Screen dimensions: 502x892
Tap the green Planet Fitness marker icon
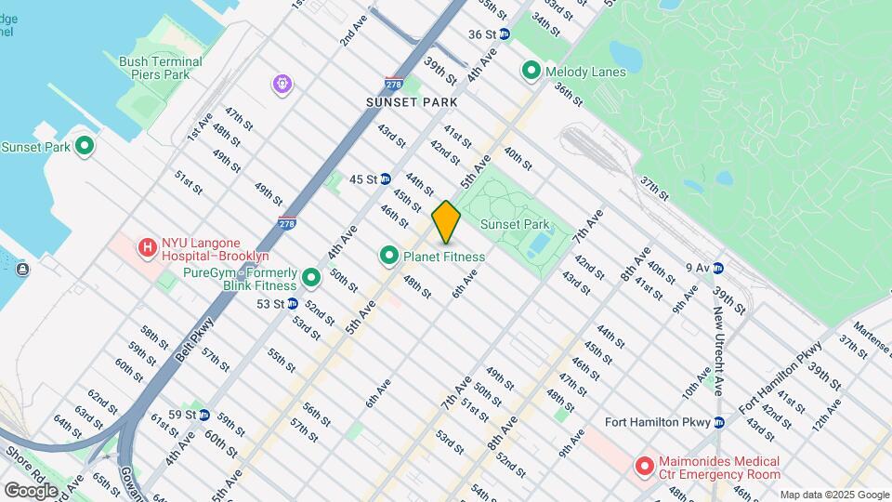click(x=389, y=255)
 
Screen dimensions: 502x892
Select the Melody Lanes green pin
click(x=531, y=71)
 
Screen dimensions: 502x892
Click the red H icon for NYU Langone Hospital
click(x=147, y=247)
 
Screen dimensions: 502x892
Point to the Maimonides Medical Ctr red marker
click(x=644, y=466)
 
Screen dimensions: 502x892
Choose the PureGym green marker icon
click(x=311, y=277)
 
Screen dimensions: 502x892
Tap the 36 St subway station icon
click(x=505, y=34)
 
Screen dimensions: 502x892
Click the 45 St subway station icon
click(x=385, y=178)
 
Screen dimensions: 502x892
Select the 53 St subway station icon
click(x=292, y=303)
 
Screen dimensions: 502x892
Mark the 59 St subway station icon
click(x=203, y=415)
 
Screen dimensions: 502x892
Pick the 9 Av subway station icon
click(x=718, y=268)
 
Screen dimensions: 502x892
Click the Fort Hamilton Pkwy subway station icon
click(x=718, y=422)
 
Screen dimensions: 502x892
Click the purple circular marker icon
click(x=282, y=86)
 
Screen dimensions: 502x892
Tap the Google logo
click(x=32, y=490)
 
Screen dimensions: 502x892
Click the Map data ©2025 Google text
click(x=833, y=495)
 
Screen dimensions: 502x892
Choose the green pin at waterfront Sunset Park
click(x=85, y=146)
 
